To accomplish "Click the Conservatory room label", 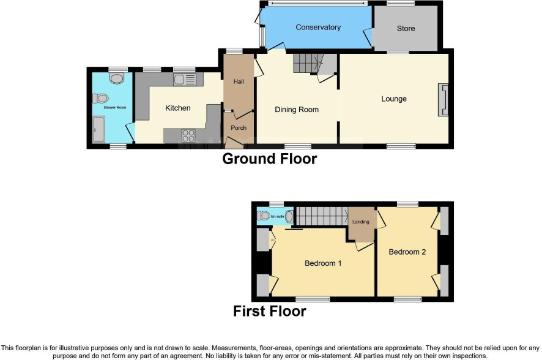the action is click(318, 28).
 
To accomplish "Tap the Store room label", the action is click(406, 29).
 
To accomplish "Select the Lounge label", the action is click(394, 99).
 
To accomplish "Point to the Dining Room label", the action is click(297, 110).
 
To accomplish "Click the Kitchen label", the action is click(177, 108).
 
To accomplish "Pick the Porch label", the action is click(239, 128).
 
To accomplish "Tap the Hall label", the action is click(239, 81).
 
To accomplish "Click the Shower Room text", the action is click(115, 108).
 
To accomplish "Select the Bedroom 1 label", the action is click(323, 263).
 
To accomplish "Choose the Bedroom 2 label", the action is click(407, 252).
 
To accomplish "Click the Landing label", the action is click(360, 222).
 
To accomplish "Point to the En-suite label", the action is click(277, 217).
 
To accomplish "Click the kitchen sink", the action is click(185, 80).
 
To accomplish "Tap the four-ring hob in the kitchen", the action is click(188, 135).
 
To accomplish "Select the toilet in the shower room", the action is click(100, 99).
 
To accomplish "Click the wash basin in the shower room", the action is click(116, 78).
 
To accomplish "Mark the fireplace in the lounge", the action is click(444, 100).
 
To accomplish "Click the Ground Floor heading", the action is click(270, 159).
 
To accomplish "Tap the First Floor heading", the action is click(270, 311).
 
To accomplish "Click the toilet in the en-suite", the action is click(264, 216).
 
